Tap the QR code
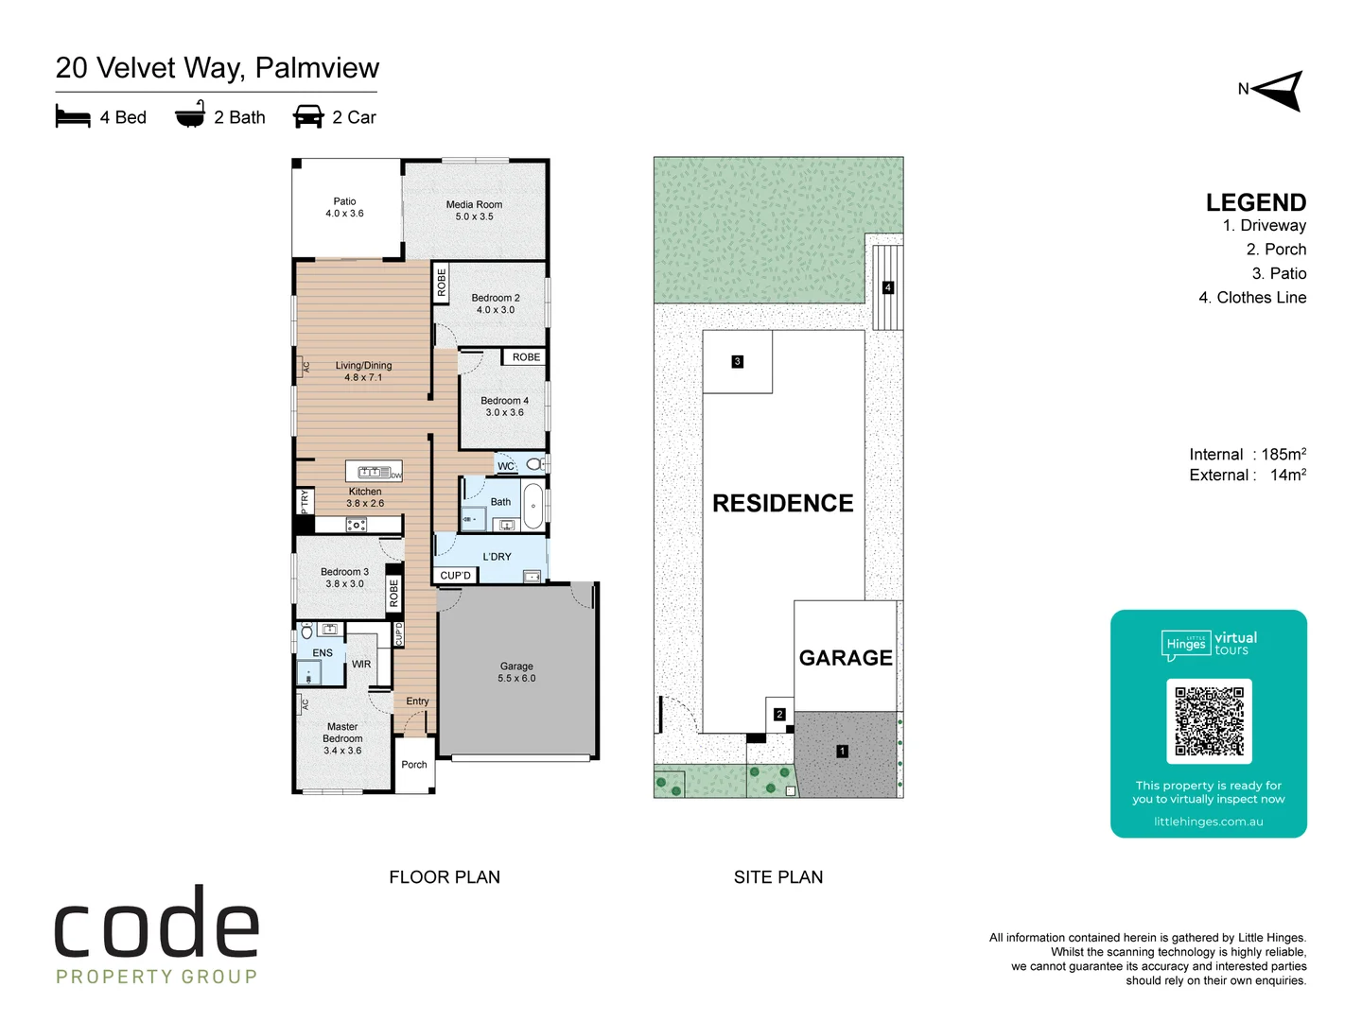click(x=1209, y=721)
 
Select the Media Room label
click(x=474, y=210)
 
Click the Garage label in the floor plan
click(x=516, y=672)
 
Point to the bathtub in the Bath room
click(x=533, y=507)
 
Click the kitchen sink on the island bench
click(x=374, y=472)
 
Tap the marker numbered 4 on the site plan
click(x=888, y=287)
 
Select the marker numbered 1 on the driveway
click(x=842, y=752)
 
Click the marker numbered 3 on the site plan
click(x=738, y=361)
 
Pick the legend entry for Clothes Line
click(x=1252, y=298)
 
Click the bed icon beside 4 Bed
click(x=73, y=117)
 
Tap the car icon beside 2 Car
click(x=308, y=117)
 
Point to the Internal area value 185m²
click(x=1283, y=455)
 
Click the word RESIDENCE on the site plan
click(x=782, y=504)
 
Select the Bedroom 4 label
click(x=504, y=407)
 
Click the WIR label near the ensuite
click(x=361, y=665)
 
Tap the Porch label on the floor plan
click(x=414, y=765)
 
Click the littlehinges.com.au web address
click(x=1208, y=822)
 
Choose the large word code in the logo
click(x=157, y=924)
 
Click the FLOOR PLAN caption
click(x=445, y=877)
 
